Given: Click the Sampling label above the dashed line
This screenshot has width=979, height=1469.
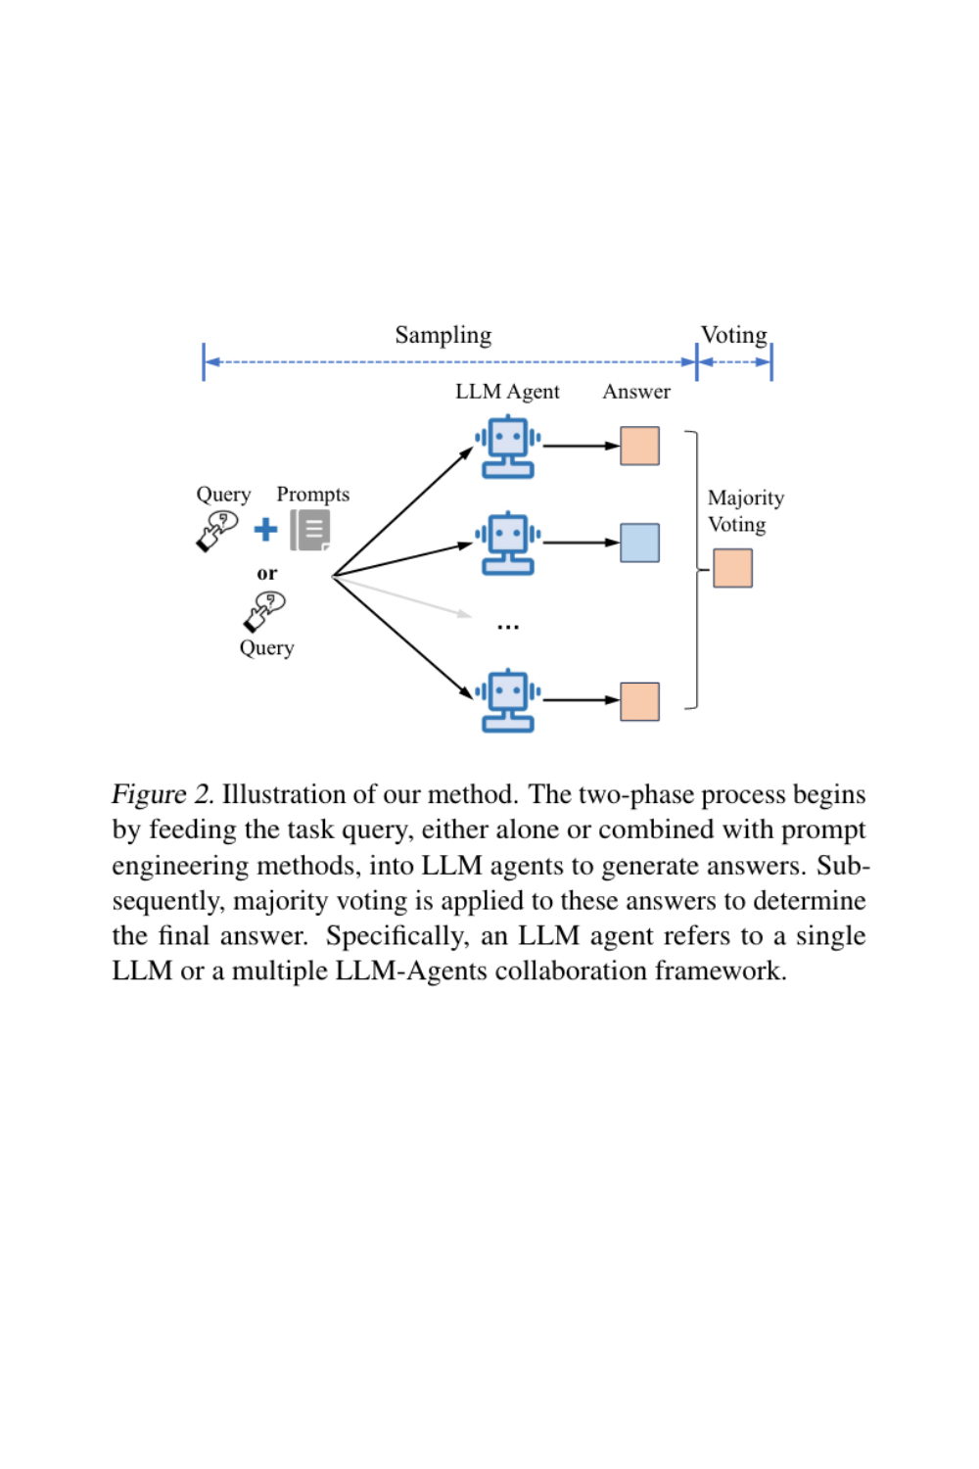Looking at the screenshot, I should pyautogui.click(x=443, y=335).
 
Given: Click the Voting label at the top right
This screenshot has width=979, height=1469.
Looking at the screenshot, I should pyautogui.click(x=733, y=335).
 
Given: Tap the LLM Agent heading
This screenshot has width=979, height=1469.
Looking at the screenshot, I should pyautogui.click(x=507, y=392).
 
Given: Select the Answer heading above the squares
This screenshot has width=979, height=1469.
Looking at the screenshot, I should pyautogui.click(x=636, y=392).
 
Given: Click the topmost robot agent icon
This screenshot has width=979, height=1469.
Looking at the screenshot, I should pyautogui.click(x=508, y=447).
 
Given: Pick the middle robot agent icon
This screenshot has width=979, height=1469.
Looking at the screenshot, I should pyautogui.click(x=508, y=543).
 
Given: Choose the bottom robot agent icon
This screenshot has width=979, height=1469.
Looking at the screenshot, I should pyautogui.click(x=508, y=700).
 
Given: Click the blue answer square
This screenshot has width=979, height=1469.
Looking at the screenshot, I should pyautogui.click(x=639, y=543).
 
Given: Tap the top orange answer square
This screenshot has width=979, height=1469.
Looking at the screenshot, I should pyautogui.click(x=639, y=446).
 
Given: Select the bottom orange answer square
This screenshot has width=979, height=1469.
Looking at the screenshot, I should pyautogui.click(x=639, y=701).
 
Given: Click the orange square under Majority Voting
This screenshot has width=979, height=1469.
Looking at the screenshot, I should pyautogui.click(x=732, y=568).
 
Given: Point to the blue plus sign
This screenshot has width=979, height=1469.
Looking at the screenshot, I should pyautogui.click(x=265, y=530).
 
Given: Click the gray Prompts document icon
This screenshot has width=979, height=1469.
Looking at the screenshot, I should pyautogui.click(x=310, y=530).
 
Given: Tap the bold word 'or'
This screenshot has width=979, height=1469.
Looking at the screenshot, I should pyautogui.click(x=266, y=574).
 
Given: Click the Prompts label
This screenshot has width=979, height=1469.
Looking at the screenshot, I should pyautogui.click(x=312, y=495).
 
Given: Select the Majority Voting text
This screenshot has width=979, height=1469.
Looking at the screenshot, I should pyautogui.click(x=745, y=511).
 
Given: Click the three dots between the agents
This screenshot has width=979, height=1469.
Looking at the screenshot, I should pyautogui.click(x=508, y=626).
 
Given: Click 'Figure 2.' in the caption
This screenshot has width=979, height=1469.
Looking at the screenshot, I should pyautogui.click(x=162, y=794).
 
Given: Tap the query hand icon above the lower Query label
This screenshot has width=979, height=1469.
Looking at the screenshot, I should pyautogui.click(x=264, y=611).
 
